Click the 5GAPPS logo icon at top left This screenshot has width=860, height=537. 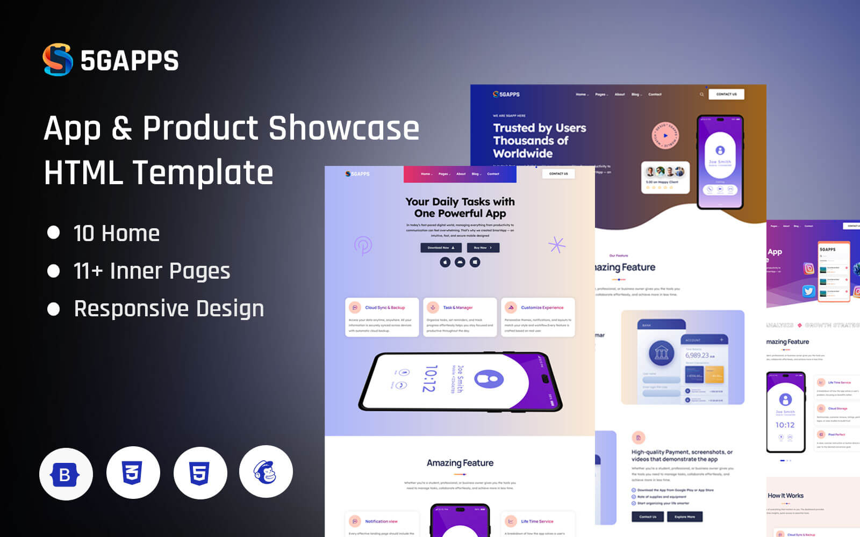[58, 60]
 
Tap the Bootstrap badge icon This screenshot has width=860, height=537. [66, 474]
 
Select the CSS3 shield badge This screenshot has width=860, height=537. [133, 473]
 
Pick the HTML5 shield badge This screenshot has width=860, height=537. [199, 473]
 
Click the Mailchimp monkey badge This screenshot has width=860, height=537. [266, 472]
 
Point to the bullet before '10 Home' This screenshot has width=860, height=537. [53, 233]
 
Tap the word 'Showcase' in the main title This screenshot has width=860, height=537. [344, 128]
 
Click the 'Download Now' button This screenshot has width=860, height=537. [441, 248]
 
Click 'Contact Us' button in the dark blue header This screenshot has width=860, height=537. [726, 95]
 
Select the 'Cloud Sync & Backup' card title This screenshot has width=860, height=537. [385, 308]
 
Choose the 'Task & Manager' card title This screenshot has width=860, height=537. [458, 308]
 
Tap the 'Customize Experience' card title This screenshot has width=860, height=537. [542, 308]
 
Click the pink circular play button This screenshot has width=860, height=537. [665, 135]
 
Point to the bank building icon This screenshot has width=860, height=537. [662, 353]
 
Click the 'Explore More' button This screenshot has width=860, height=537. [684, 517]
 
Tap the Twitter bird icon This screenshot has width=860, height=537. [808, 291]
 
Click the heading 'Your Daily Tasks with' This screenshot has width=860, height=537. [460, 202]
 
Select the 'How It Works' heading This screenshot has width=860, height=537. [785, 496]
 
